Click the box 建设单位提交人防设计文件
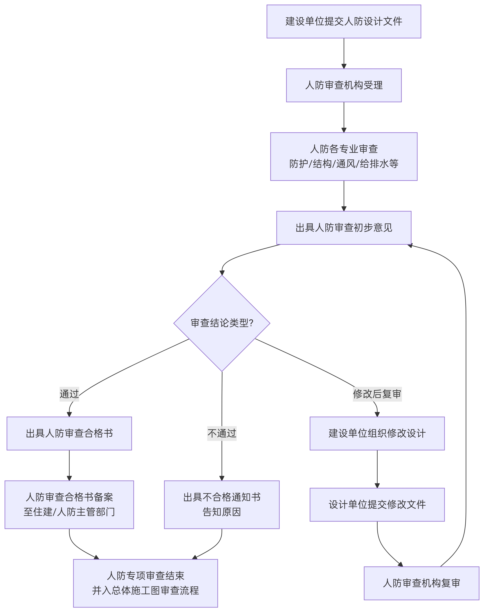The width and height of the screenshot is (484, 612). (x=344, y=21)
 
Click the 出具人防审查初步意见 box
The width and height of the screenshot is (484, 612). (x=344, y=228)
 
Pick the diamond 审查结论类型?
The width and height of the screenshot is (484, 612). (x=222, y=323)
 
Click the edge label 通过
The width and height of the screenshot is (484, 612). (x=69, y=394)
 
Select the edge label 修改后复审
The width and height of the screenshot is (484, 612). (x=377, y=394)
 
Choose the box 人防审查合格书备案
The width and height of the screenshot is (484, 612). (x=69, y=504)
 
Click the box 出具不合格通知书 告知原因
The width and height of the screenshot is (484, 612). (x=222, y=504)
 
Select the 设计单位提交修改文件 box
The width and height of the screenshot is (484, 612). (x=377, y=504)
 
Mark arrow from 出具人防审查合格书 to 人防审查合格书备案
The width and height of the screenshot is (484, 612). (x=69, y=465)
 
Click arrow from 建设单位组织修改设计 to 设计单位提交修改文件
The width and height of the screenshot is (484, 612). (x=377, y=469)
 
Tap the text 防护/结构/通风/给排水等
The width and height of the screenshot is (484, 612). (x=344, y=164)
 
